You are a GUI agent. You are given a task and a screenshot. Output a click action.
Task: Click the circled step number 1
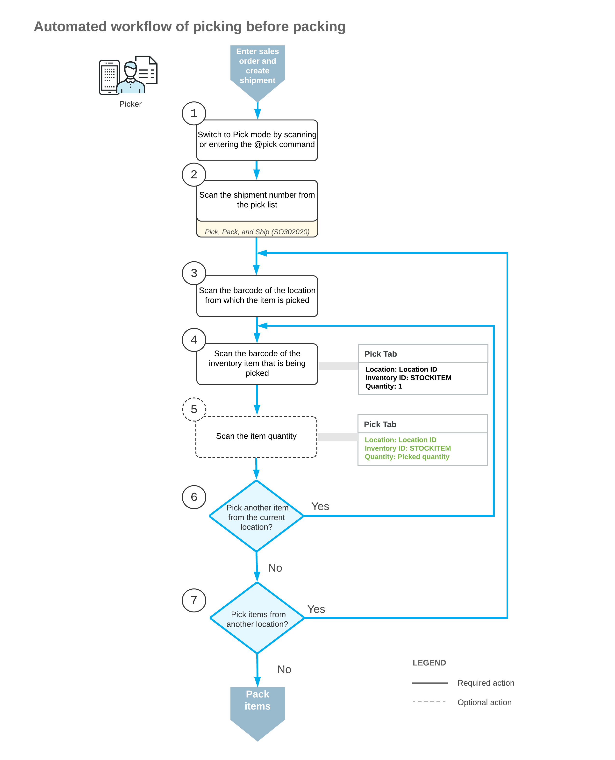point(194,113)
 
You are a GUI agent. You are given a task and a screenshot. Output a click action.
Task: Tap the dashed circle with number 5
point(194,409)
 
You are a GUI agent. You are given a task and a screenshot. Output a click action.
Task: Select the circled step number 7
point(194,600)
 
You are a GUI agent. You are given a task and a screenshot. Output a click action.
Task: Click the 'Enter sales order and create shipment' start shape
point(257,67)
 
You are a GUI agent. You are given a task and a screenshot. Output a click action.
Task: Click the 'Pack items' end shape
point(257,705)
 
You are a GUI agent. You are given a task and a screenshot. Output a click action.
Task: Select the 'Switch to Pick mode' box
point(257,140)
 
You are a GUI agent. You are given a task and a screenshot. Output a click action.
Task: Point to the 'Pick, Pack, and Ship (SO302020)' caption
point(257,232)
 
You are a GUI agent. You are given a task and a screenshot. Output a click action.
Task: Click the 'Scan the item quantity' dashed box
point(256,436)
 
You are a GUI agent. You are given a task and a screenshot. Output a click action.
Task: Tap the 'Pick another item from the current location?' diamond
point(257,516)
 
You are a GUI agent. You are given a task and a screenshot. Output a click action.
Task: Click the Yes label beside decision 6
point(320,506)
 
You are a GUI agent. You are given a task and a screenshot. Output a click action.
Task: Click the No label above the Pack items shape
point(284,669)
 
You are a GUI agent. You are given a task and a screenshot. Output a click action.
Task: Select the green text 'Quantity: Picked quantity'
point(407,457)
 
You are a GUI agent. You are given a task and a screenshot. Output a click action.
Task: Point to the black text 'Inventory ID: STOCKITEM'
point(408,378)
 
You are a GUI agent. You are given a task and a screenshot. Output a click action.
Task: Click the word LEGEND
point(429,663)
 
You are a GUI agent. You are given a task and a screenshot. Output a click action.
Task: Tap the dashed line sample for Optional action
point(429,702)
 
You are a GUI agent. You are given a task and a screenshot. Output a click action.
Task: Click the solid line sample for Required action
point(429,683)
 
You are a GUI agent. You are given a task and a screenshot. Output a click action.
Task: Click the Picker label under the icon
point(130,104)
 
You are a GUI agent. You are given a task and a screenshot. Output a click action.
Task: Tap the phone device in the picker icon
point(109,77)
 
